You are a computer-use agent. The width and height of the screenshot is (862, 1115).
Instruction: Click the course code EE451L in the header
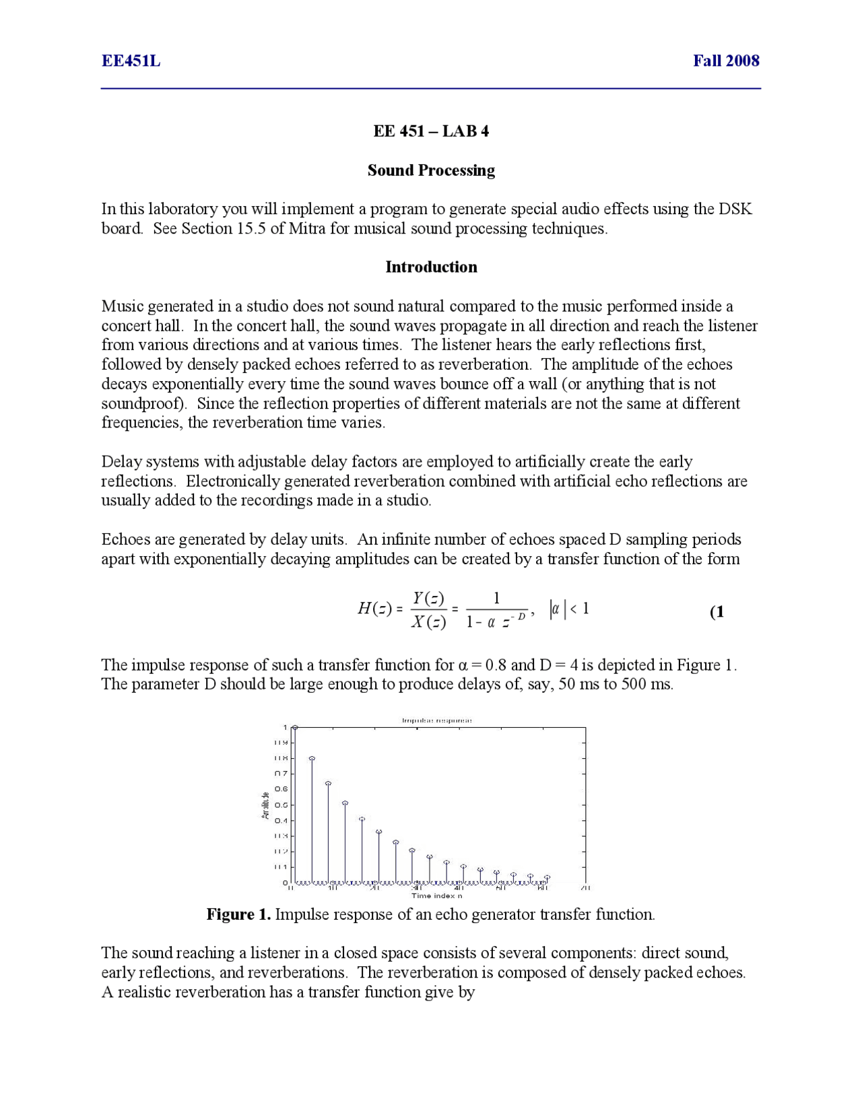click(x=131, y=61)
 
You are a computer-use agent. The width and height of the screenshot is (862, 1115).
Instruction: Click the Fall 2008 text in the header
click(x=726, y=61)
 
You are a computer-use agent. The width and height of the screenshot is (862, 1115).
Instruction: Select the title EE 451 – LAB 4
click(x=431, y=131)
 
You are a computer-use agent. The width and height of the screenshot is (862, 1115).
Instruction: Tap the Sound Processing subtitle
click(x=431, y=170)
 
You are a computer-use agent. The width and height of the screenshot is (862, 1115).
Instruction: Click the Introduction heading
click(x=431, y=267)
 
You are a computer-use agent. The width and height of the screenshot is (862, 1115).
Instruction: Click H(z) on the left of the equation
click(x=374, y=609)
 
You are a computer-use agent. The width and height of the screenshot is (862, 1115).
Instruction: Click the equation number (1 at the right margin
click(x=717, y=612)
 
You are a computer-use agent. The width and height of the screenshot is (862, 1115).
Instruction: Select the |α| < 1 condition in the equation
click(x=570, y=609)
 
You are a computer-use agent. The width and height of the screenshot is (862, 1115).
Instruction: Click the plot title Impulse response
click(x=436, y=720)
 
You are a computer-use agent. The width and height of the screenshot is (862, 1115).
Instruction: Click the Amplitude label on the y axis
click(x=265, y=805)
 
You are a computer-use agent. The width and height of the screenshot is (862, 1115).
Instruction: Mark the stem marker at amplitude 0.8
click(x=312, y=759)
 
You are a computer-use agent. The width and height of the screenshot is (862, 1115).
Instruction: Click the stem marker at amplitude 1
click(x=295, y=728)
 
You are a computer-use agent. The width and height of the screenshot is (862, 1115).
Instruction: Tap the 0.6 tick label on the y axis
click(x=281, y=789)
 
